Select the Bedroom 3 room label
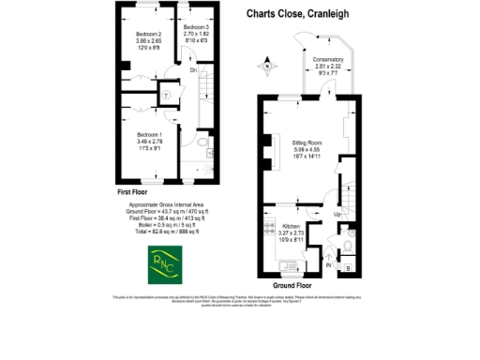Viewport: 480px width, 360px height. click(x=194, y=28)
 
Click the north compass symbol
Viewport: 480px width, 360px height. click(x=268, y=66)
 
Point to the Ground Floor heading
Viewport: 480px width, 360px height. click(x=292, y=285)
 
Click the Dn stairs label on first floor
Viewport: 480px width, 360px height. click(x=193, y=69)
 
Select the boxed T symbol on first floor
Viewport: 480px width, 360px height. click(x=165, y=93)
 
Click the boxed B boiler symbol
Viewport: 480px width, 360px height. click(x=350, y=267)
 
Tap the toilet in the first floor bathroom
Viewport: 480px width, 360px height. click(x=204, y=143)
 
